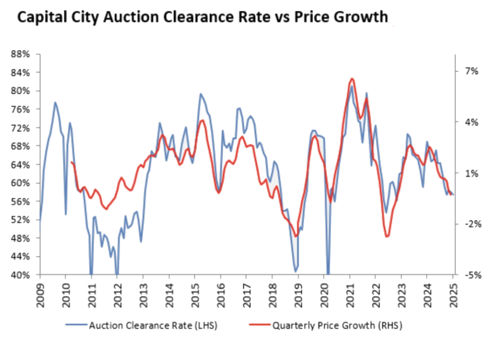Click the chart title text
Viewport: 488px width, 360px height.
click(x=202, y=17)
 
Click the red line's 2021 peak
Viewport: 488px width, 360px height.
click(x=352, y=79)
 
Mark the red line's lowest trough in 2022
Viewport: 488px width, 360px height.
click(x=387, y=236)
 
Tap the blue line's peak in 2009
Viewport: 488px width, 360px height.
click(x=55, y=103)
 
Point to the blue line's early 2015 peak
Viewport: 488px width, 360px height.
click(x=200, y=94)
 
